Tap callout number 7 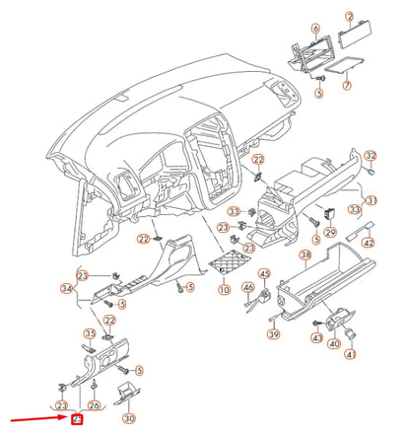[x=347, y=87]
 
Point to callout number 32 [x=371, y=157]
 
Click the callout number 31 [x=372, y=200]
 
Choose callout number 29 [x=330, y=232]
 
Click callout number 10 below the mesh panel [x=225, y=290]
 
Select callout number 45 [x=264, y=273]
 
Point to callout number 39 [x=273, y=336]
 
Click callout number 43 [x=317, y=337]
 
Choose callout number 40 [x=335, y=343]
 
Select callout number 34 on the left [x=66, y=289]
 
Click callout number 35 [x=89, y=333]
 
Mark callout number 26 [x=94, y=404]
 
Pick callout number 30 [x=128, y=417]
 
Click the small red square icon [x=74, y=419]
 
